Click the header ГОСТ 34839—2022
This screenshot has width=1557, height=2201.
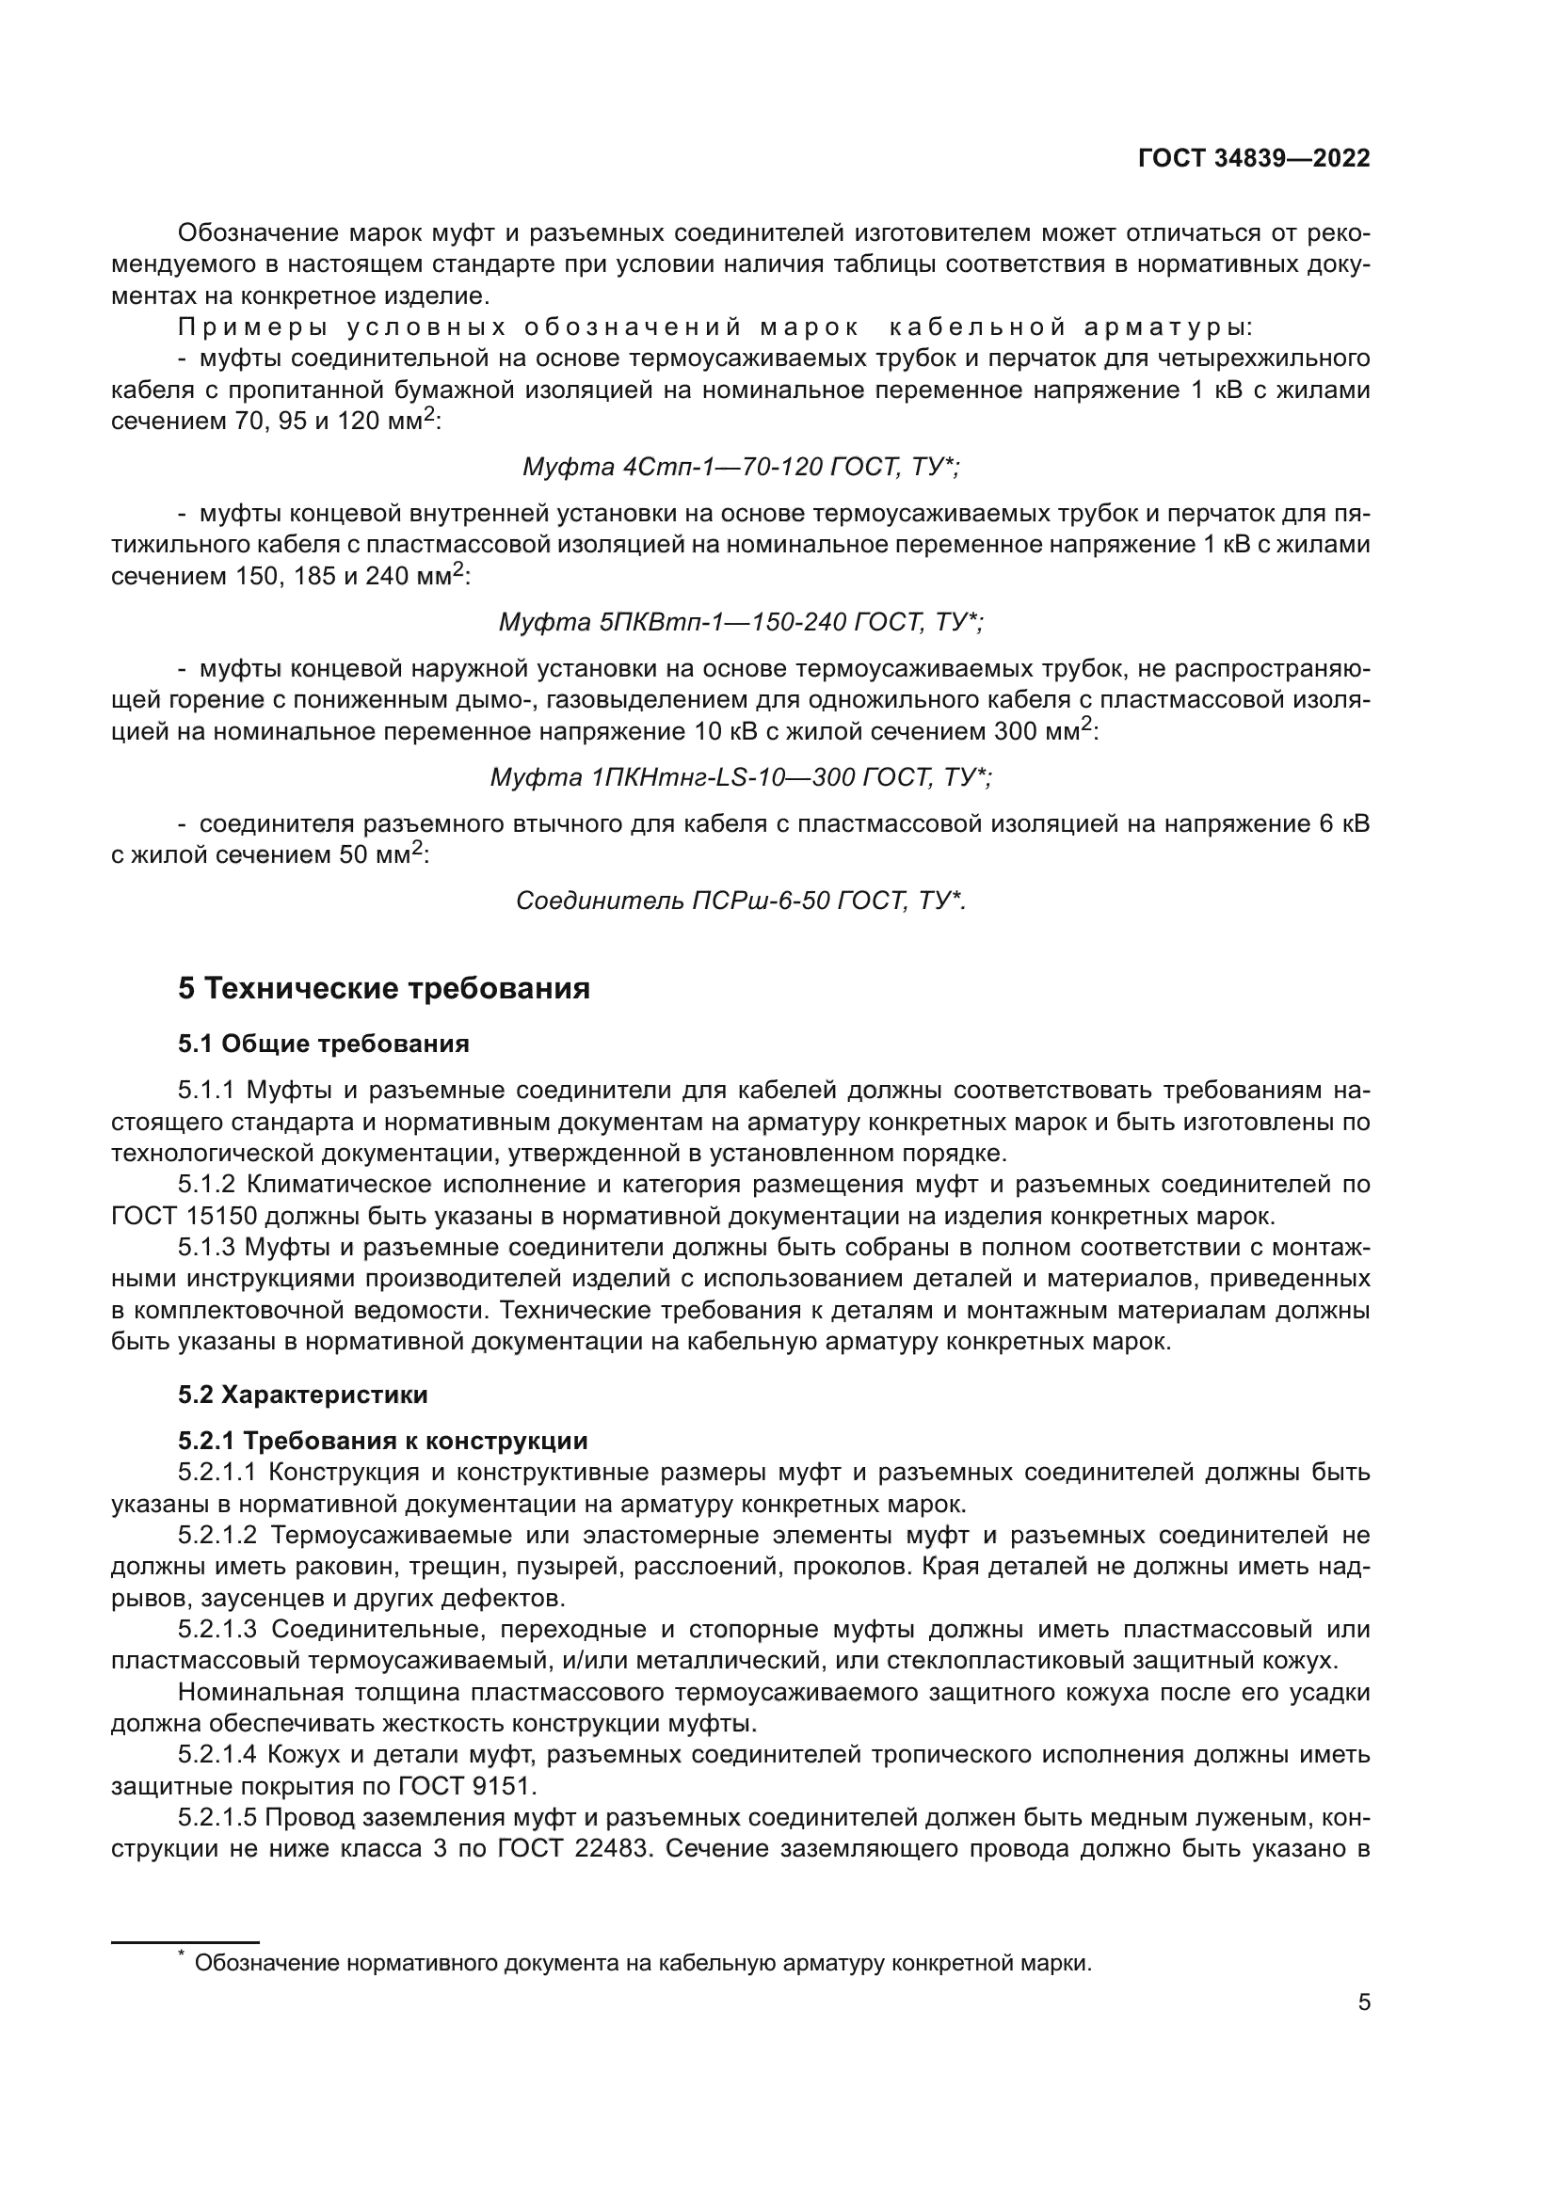click(x=1253, y=159)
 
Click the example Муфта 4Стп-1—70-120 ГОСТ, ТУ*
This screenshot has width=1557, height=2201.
click(x=740, y=467)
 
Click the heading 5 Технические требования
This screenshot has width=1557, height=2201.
click(x=383, y=988)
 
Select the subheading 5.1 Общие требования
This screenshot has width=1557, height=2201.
click(x=323, y=1044)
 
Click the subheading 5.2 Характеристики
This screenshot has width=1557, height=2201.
click(x=302, y=1395)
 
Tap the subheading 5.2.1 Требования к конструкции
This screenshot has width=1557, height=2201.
click(x=382, y=1441)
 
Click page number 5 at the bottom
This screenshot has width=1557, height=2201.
click(x=1364, y=2002)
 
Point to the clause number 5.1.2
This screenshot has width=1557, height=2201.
click(x=206, y=1185)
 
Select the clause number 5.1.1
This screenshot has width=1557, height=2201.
click(x=206, y=1091)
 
